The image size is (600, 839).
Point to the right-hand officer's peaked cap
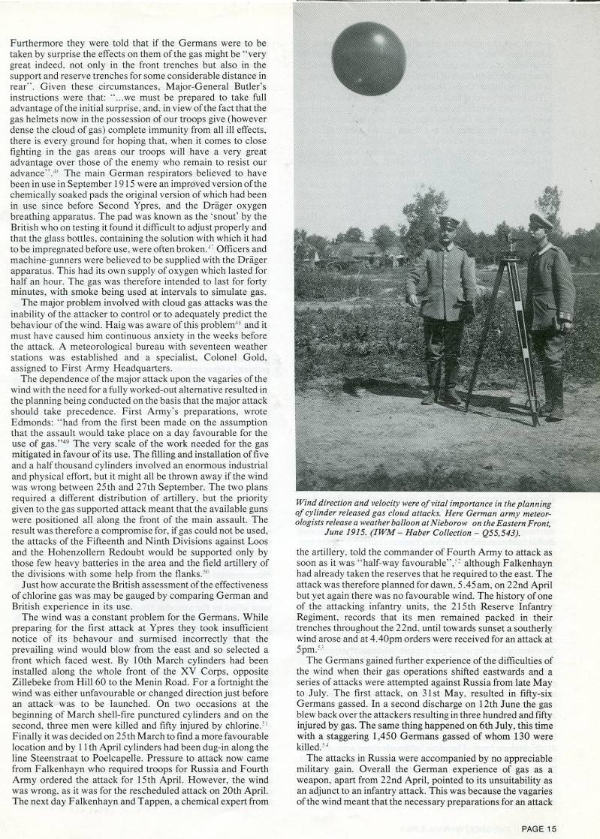[541, 221]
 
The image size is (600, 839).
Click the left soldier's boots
[441, 395]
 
